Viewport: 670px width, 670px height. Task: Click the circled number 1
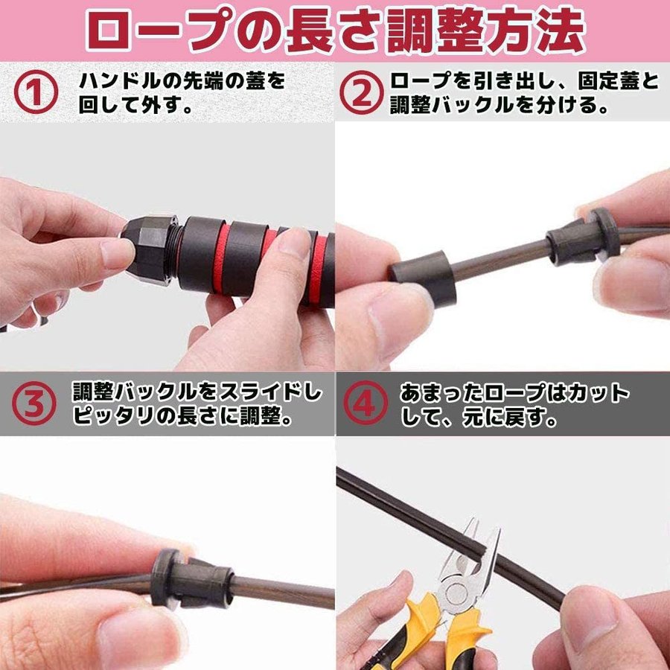pos(36,92)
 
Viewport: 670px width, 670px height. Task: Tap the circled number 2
pos(362,92)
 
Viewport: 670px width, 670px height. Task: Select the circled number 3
pos(33,403)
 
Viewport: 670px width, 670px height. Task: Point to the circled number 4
pos(366,403)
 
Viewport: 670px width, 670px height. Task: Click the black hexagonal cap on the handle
pos(150,250)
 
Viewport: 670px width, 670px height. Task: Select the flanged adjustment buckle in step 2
pos(583,235)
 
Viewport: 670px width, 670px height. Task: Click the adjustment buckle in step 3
pos(191,579)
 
